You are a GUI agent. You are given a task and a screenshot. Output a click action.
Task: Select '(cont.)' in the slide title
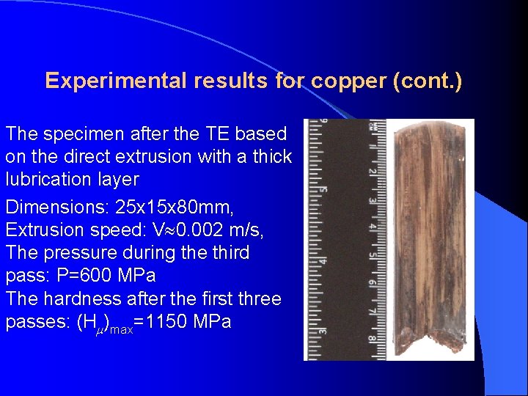point(428,81)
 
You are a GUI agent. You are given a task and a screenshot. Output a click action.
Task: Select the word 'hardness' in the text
point(82,299)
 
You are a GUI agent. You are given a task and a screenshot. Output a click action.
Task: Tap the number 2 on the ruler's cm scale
point(372,172)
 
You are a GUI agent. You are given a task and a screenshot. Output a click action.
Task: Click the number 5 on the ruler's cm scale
point(372,255)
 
